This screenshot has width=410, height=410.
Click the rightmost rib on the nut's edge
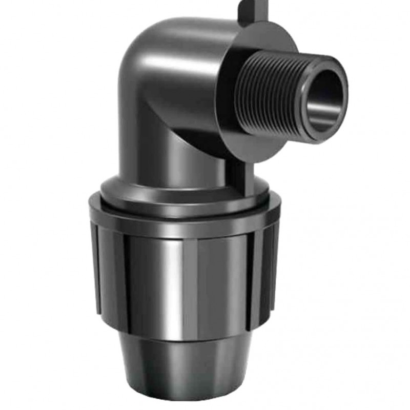point(274,266)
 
